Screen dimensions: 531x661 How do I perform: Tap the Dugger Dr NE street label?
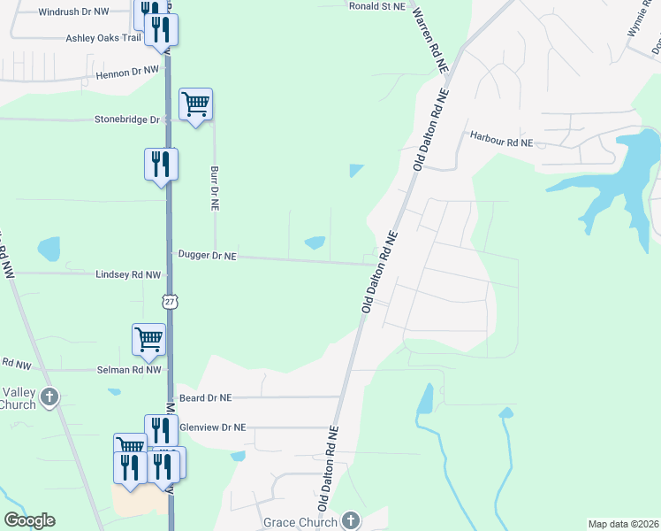tap(208, 255)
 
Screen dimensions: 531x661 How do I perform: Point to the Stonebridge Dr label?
tap(127, 119)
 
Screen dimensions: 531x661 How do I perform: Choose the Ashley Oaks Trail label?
tap(103, 38)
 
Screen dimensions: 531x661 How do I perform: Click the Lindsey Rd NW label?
tap(128, 275)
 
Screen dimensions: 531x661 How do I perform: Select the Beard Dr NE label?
tap(205, 398)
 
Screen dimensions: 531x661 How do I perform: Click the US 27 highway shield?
tap(171, 302)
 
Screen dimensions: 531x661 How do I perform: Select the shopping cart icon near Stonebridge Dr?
tap(195, 104)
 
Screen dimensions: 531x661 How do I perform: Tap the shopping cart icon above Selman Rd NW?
tap(148, 339)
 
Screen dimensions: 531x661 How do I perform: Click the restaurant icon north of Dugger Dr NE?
tap(161, 164)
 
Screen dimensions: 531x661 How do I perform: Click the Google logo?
tap(29, 520)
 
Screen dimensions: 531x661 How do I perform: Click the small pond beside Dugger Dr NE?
tap(315, 242)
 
